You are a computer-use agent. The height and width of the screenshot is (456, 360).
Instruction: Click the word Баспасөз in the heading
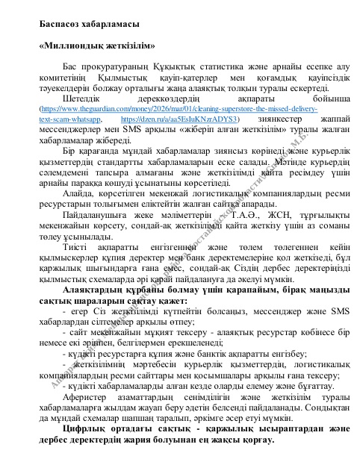60,25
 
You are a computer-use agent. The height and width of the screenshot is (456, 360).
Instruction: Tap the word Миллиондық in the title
74,46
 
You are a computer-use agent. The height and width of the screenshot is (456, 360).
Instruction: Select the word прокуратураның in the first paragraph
114,67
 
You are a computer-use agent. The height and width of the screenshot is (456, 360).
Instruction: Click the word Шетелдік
82,98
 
